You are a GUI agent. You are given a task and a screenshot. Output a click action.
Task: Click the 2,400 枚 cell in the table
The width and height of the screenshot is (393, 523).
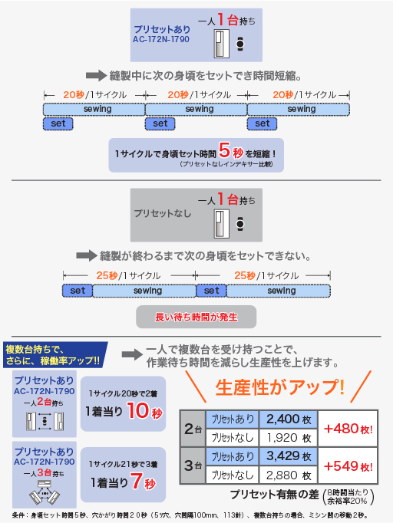289,419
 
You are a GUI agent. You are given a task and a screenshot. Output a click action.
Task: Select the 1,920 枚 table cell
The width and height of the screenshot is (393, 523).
289,438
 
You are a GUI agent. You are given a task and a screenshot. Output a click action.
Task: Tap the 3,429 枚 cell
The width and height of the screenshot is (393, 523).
289,456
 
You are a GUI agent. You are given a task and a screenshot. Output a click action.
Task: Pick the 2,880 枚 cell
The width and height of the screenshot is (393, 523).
289,475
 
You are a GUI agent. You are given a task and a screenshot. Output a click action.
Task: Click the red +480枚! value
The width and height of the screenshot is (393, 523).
348,429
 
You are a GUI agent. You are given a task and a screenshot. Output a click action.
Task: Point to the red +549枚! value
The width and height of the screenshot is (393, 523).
348,466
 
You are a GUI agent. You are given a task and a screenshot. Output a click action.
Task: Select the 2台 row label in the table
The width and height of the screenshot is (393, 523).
193,429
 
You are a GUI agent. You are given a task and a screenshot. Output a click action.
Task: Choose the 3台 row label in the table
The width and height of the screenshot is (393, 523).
193,465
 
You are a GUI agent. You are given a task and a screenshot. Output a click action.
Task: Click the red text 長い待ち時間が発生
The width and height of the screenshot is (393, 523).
196,317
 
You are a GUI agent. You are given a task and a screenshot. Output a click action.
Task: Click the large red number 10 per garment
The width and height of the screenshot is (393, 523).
137,410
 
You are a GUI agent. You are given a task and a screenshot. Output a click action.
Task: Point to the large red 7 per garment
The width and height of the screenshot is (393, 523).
136,481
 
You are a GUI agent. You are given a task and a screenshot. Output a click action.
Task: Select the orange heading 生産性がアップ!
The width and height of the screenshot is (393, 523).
280,387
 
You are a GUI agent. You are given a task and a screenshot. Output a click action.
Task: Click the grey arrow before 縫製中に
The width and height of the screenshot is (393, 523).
96,75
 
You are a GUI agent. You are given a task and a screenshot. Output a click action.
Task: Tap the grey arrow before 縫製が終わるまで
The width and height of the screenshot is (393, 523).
87,256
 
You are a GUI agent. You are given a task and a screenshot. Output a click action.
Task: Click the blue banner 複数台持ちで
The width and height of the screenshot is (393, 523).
55,355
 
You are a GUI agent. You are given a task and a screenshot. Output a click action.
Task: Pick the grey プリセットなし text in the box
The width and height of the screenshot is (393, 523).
163,213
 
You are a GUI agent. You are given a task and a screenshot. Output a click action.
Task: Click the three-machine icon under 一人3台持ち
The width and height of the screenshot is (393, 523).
45,492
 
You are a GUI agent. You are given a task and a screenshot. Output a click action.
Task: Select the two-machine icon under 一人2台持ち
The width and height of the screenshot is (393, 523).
45,421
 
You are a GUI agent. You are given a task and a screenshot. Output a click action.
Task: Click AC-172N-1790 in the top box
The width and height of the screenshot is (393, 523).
161,39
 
